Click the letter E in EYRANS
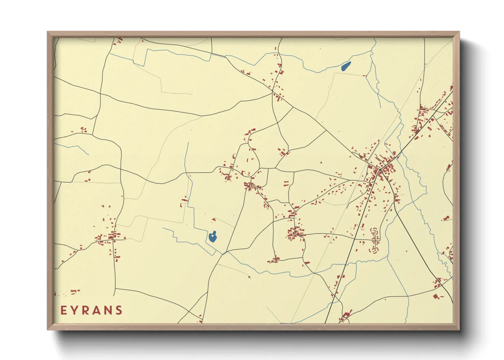[64, 310]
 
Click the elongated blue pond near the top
[346, 66]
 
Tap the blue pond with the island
[212, 237]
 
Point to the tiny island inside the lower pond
[214, 234]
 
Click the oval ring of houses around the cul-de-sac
[375, 241]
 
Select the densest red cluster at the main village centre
[385, 168]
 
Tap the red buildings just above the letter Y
[75, 291]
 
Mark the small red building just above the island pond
[214, 219]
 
